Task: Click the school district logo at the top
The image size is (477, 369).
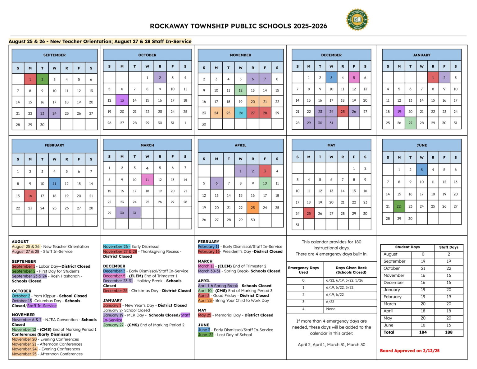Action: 357,20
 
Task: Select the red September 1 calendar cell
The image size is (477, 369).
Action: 30,79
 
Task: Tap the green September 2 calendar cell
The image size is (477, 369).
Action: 42,79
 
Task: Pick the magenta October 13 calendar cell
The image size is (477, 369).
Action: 122,100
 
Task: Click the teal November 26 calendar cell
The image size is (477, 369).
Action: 241,113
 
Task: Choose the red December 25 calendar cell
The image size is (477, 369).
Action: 343,112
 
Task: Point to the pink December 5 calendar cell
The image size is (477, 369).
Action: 354,78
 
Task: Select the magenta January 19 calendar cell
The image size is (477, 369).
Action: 399,112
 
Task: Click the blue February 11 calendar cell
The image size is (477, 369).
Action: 54,184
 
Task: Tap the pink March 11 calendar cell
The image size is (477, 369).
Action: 147,180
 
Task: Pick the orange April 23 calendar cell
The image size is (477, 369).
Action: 253,208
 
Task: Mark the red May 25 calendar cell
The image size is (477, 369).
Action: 309,214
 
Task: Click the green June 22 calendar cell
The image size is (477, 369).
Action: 399,206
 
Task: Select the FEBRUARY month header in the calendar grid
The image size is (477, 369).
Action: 54,145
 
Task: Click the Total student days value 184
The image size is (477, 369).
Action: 423,332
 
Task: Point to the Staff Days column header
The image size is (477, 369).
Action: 448,247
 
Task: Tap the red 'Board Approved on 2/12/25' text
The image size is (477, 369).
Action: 410,351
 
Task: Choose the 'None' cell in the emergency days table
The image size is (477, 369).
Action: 331,309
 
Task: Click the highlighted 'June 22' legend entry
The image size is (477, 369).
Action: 206,335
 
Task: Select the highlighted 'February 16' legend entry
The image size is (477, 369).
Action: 209,251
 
